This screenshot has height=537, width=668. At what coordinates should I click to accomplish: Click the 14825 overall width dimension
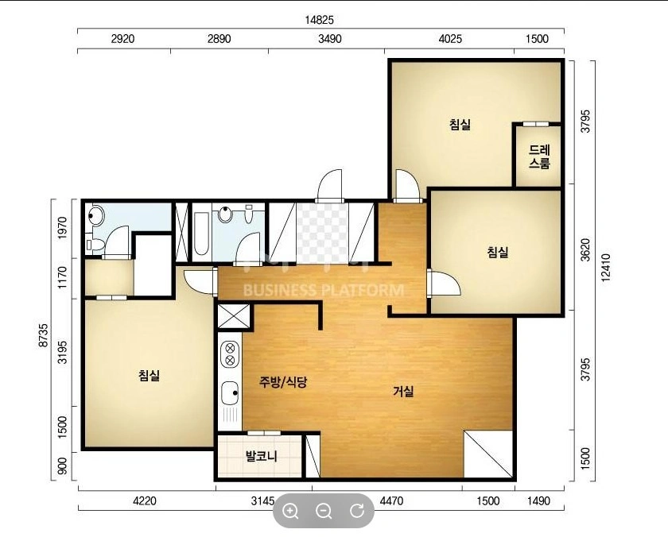coord(320,20)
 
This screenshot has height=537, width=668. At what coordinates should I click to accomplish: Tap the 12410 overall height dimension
coord(606,267)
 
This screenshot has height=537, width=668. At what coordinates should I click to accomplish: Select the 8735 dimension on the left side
coord(43,335)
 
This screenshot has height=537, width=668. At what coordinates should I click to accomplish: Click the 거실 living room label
coord(403,391)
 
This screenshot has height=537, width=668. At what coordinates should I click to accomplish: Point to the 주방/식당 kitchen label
coord(283,381)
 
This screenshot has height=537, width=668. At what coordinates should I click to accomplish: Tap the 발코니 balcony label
coord(261,456)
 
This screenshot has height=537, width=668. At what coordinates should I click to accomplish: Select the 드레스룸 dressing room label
coord(539,156)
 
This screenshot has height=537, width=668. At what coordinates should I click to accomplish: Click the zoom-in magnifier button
coord(290,510)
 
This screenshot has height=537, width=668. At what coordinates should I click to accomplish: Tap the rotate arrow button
coord(357,510)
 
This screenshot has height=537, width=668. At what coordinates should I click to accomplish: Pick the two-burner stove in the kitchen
coord(230,354)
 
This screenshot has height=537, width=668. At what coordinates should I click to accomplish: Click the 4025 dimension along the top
coord(450,39)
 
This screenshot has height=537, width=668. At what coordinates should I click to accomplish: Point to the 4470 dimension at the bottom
coord(391,500)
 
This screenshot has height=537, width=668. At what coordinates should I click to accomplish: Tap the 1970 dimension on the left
coord(63,228)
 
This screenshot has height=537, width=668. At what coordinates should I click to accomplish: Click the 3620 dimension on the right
coord(585,250)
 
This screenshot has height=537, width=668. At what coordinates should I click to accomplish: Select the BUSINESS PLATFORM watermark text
coord(324,291)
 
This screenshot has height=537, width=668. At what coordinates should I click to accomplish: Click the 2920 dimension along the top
coord(122,39)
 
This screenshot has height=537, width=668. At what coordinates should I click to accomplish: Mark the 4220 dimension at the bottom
coord(145,500)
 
